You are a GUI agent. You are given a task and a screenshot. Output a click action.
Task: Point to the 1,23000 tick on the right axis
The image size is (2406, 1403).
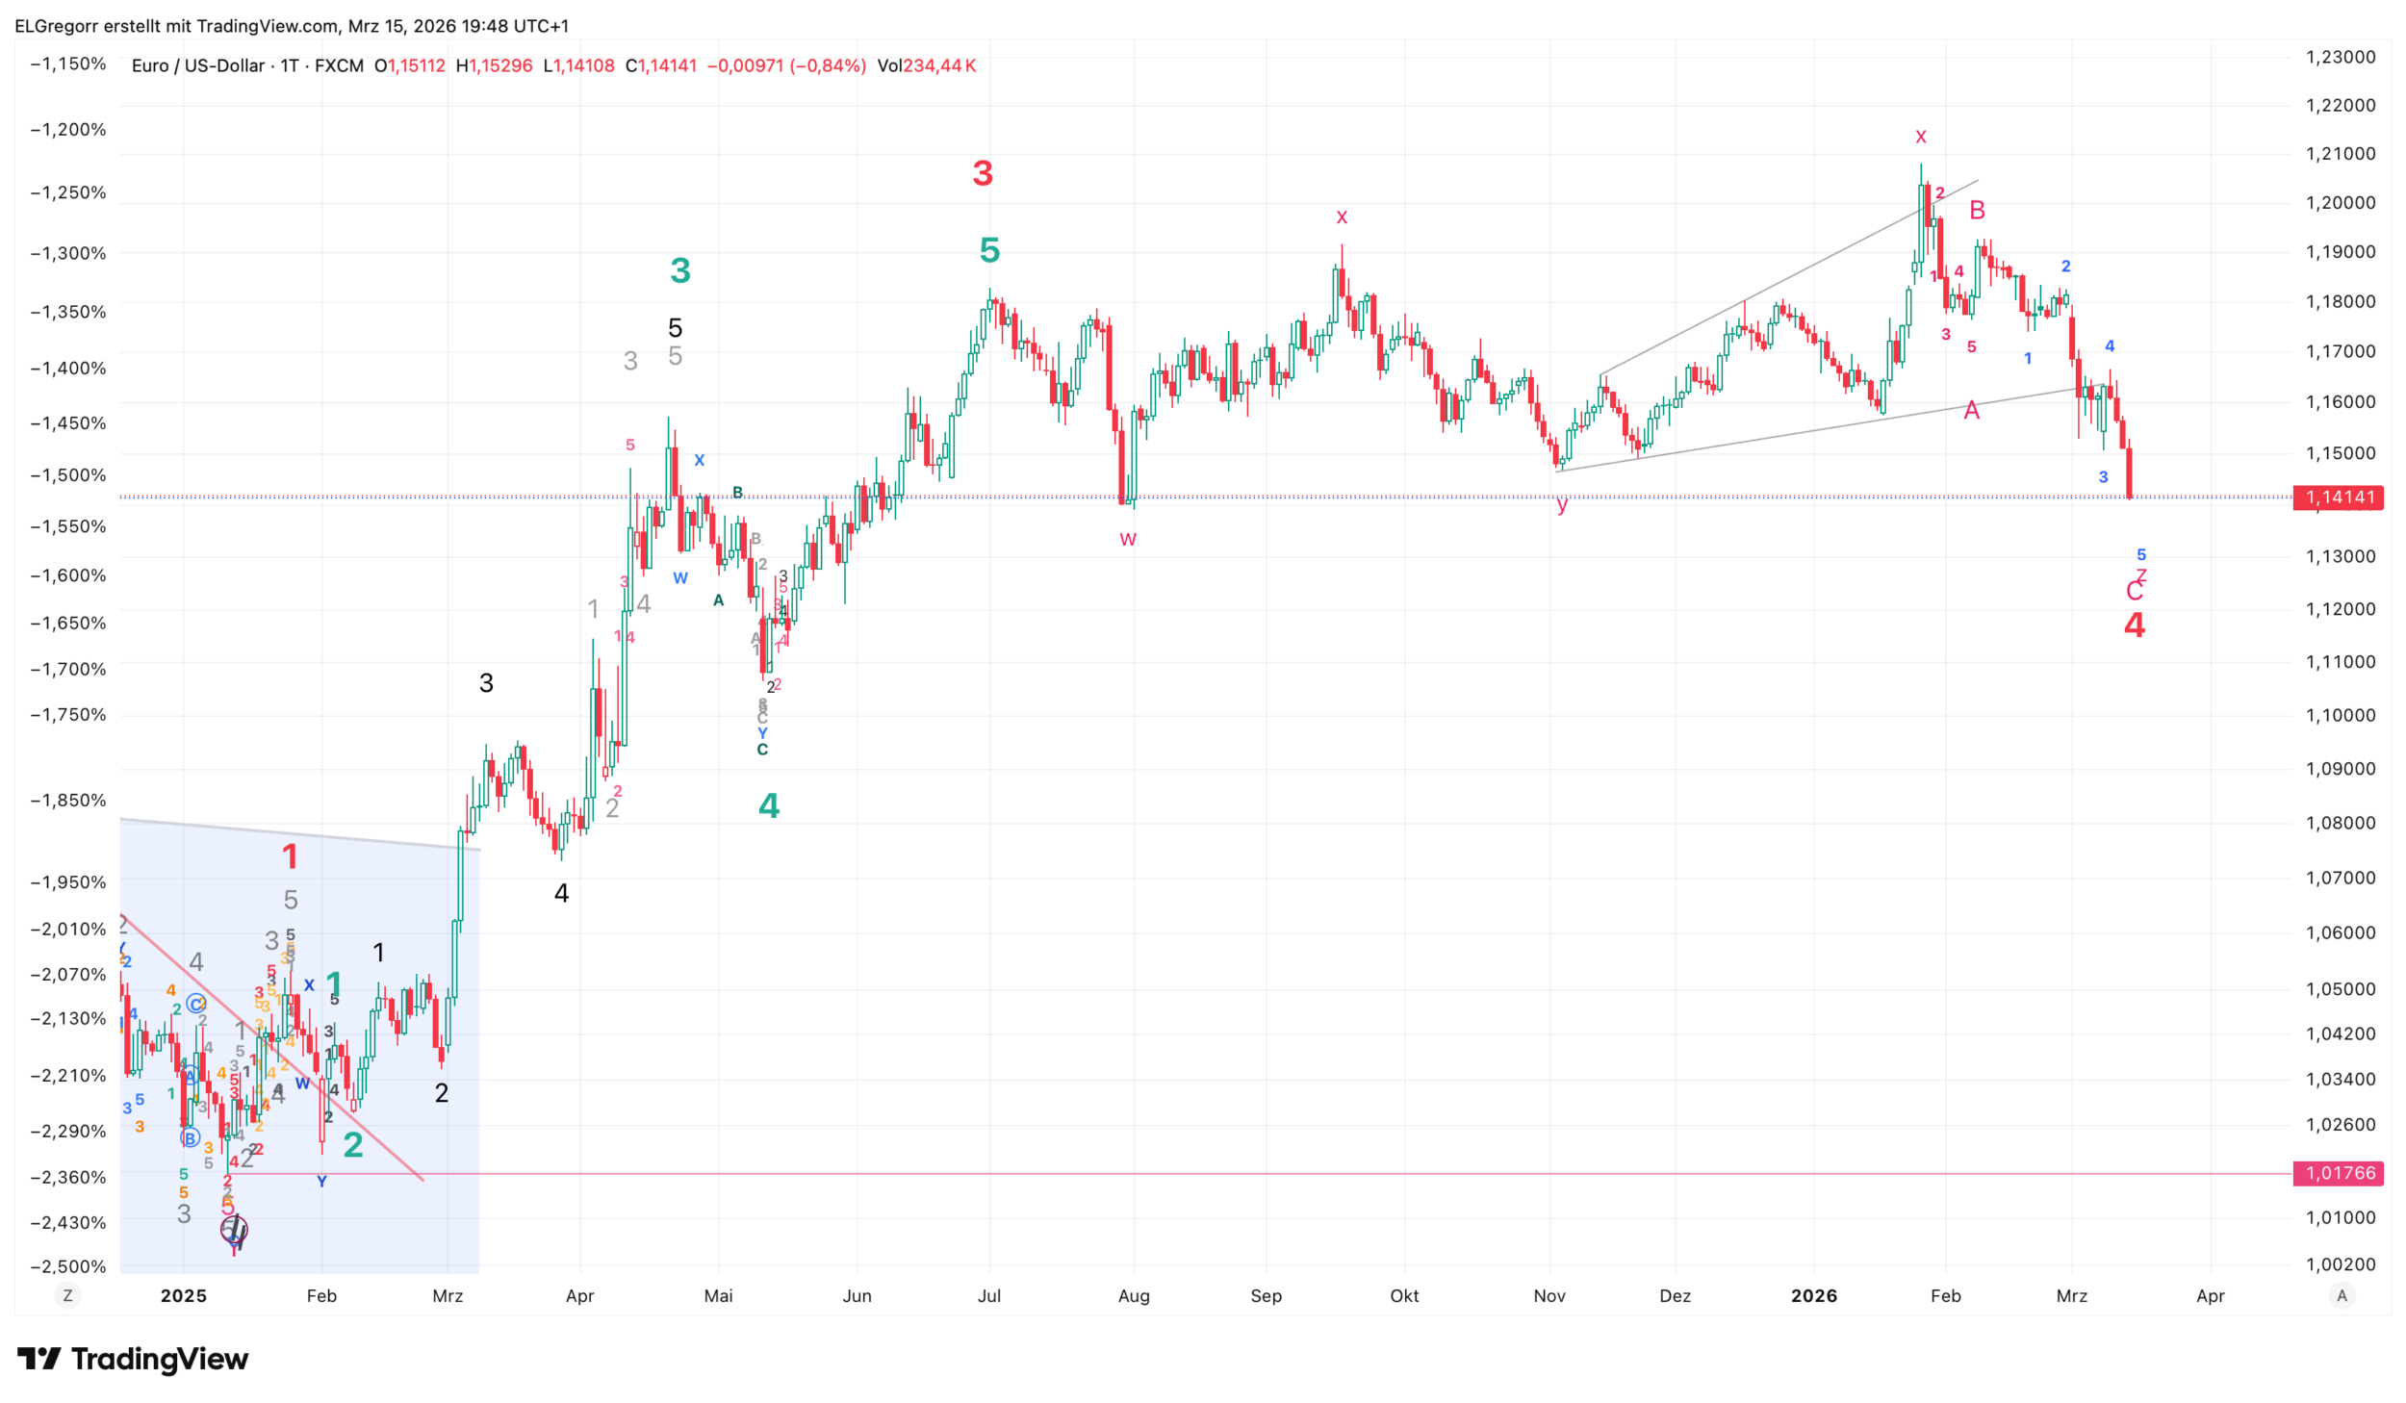point(2340,57)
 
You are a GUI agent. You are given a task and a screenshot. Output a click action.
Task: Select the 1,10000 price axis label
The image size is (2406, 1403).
point(2340,715)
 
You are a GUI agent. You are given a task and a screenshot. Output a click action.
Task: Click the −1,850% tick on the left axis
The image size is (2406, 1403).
point(68,800)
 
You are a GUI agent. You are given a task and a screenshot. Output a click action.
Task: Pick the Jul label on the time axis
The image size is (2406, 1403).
point(989,1295)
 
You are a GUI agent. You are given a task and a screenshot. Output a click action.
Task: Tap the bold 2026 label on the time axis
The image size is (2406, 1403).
point(1813,1295)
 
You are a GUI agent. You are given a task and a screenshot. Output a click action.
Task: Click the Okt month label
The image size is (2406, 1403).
point(1404,1295)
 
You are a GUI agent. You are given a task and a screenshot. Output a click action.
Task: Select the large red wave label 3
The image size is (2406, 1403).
point(983,173)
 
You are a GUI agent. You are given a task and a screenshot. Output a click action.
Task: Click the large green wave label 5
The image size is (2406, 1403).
point(989,250)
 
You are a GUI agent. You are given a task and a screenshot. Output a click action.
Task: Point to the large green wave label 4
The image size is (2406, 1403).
point(769,805)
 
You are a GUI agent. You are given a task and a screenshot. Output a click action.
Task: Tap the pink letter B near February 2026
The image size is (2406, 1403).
point(1977,210)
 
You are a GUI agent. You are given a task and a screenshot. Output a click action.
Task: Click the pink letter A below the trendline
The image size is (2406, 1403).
point(1971,411)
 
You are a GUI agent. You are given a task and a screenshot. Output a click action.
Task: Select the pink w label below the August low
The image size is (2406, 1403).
point(1128,539)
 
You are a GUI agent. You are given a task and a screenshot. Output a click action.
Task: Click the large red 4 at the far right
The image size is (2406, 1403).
point(2135,625)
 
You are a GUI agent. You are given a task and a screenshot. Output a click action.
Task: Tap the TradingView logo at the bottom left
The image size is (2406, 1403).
point(133,1358)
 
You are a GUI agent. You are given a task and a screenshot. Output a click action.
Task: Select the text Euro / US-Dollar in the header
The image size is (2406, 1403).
point(198,65)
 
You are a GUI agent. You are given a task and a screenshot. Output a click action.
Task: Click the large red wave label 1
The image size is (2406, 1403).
point(290,855)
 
